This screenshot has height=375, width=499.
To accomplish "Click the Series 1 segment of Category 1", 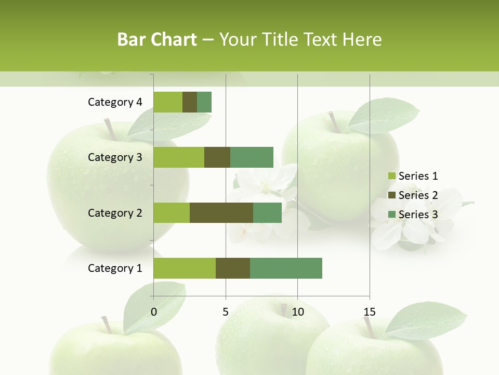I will click(x=185, y=268).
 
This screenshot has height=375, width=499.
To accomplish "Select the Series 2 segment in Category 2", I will click(x=221, y=213).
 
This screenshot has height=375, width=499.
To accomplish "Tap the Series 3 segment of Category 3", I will click(x=252, y=157).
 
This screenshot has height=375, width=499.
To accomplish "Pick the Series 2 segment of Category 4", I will click(x=190, y=102).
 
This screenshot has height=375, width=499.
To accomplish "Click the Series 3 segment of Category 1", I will click(x=286, y=268).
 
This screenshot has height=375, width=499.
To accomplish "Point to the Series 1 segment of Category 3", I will click(x=179, y=157).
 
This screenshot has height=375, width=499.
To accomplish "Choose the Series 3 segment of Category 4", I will click(x=204, y=102).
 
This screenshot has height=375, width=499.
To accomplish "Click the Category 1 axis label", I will click(x=115, y=268).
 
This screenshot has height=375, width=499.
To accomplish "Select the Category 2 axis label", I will click(x=115, y=213).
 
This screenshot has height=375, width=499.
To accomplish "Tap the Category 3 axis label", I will click(x=115, y=157).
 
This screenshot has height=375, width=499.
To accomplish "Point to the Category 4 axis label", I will click(x=115, y=102).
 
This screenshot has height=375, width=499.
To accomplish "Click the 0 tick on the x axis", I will click(x=154, y=312).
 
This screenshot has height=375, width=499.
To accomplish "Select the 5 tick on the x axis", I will click(x=226, y=312).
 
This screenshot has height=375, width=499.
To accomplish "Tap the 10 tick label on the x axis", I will click(x=297, y=312).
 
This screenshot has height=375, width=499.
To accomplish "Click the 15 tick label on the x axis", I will click(x=370, y=312).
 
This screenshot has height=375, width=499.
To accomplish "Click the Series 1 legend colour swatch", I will click(x=391, y=176).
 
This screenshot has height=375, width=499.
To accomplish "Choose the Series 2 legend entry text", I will click(x=418, y=195).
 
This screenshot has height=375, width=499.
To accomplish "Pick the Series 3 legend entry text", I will click(x=418, y=215).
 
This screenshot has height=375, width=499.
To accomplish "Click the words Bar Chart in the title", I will click(x=157, y=40).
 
